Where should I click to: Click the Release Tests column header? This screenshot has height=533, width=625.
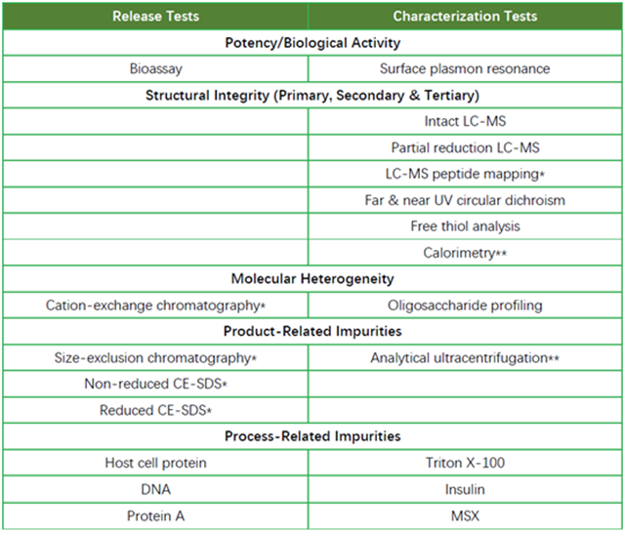coord(155,17)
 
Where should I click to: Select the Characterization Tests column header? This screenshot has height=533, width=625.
coord(465,17)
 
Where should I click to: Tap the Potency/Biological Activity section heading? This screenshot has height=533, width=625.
coord(312,43)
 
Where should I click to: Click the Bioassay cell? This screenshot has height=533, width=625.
coord(156,69)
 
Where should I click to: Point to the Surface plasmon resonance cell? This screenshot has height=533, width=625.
coord(465,69)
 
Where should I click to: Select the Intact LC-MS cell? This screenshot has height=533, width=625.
coord(465,121)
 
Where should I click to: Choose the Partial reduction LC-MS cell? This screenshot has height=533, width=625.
coord(465,147)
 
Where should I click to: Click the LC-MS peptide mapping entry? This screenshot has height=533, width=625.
coord(465,174)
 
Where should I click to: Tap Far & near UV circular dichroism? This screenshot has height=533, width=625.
coord(465,200)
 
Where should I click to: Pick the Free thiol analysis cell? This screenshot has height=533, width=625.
coord(465,226)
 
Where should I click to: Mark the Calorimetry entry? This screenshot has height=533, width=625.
coord(465,253)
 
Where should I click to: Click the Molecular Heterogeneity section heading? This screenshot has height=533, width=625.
coord(312,279)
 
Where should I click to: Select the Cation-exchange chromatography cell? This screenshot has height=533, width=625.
coord(155,306)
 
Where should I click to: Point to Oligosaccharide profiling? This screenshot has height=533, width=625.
coord(465,306)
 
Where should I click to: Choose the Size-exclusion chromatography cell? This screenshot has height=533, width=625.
coord(155,357)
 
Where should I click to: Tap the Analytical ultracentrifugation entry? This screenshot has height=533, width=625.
coord(465,357)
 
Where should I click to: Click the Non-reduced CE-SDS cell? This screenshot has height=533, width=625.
coord(155,384)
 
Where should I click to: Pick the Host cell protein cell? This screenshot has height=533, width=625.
coord(155,463)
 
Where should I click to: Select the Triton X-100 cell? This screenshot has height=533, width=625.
coord(465,463)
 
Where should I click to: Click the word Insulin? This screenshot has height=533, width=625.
coord(465,489)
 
